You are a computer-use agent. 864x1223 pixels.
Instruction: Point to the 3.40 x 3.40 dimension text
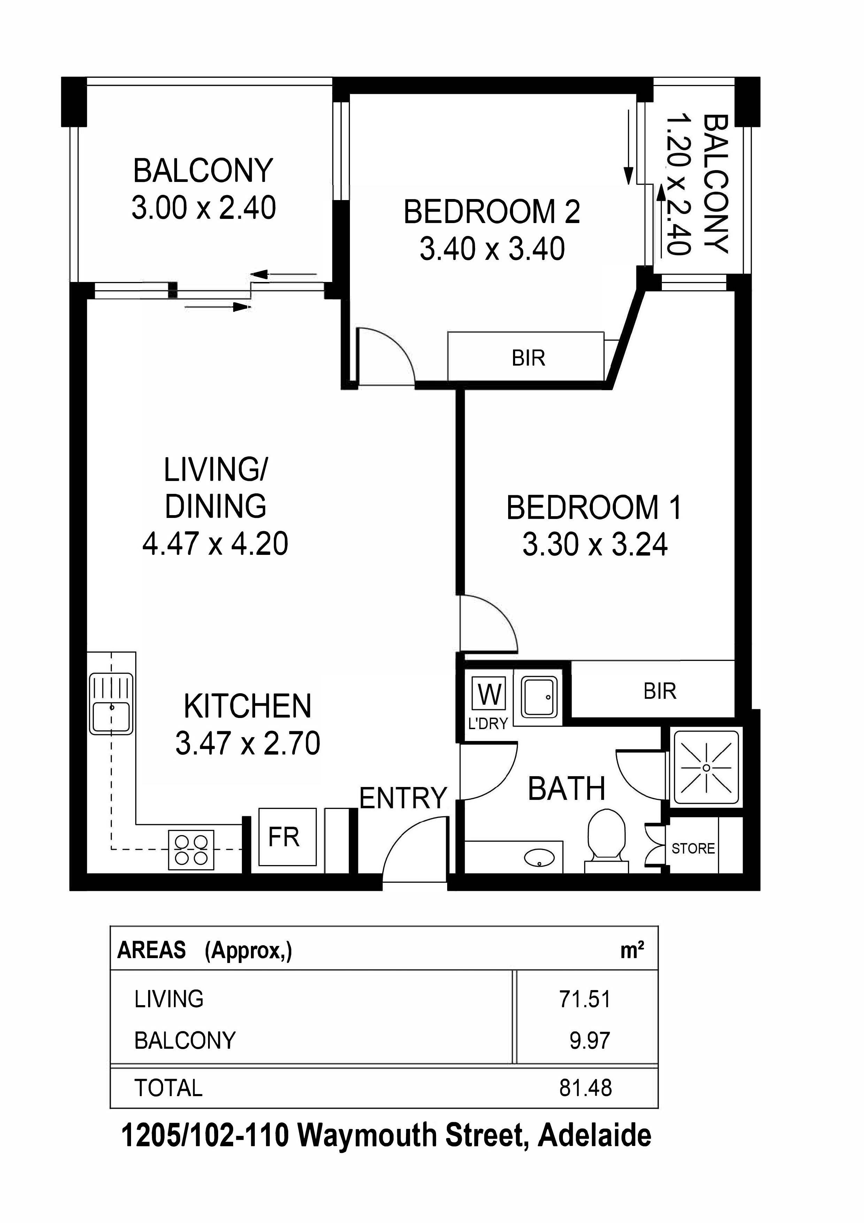coord(492,249)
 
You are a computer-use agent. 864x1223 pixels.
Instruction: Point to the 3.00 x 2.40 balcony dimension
coord(204,208)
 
